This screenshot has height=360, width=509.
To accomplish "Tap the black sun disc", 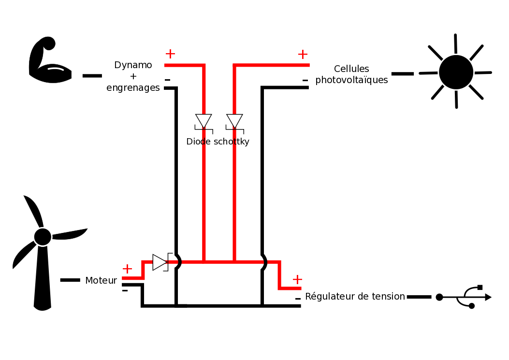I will tap(456, 72).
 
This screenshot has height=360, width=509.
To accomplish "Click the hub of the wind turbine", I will tap(43, 237).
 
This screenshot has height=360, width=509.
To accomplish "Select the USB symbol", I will tap(464, 297).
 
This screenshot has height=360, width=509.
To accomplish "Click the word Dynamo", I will tap(133, 65).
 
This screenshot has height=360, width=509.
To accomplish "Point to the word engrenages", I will tap(133, 88).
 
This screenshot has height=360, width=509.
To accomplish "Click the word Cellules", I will tap(351, 69).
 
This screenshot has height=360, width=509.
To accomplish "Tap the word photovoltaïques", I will tap(351, 80).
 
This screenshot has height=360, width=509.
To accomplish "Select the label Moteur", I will tap(101, 280).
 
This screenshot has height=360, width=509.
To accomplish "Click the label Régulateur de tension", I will tap(355, 296).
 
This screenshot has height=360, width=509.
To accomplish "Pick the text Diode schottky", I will tap(218, 142).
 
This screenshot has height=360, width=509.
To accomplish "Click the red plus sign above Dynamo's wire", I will tap(170, 54).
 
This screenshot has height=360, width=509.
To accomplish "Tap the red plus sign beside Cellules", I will tap(303, 55).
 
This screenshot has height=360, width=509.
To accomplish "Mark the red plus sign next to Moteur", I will tap(127, 269).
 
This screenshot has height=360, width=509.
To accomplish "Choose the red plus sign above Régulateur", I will tap(297, 279).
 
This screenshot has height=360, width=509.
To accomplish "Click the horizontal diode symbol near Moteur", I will tap(160, 262).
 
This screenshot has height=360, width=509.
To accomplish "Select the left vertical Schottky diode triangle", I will tap(204, 121).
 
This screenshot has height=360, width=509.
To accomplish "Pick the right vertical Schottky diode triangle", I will tap(234, 121).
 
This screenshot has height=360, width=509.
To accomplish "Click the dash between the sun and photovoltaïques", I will tap(402, 73).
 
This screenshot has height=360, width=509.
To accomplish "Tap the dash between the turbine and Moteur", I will tap(70, 280).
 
